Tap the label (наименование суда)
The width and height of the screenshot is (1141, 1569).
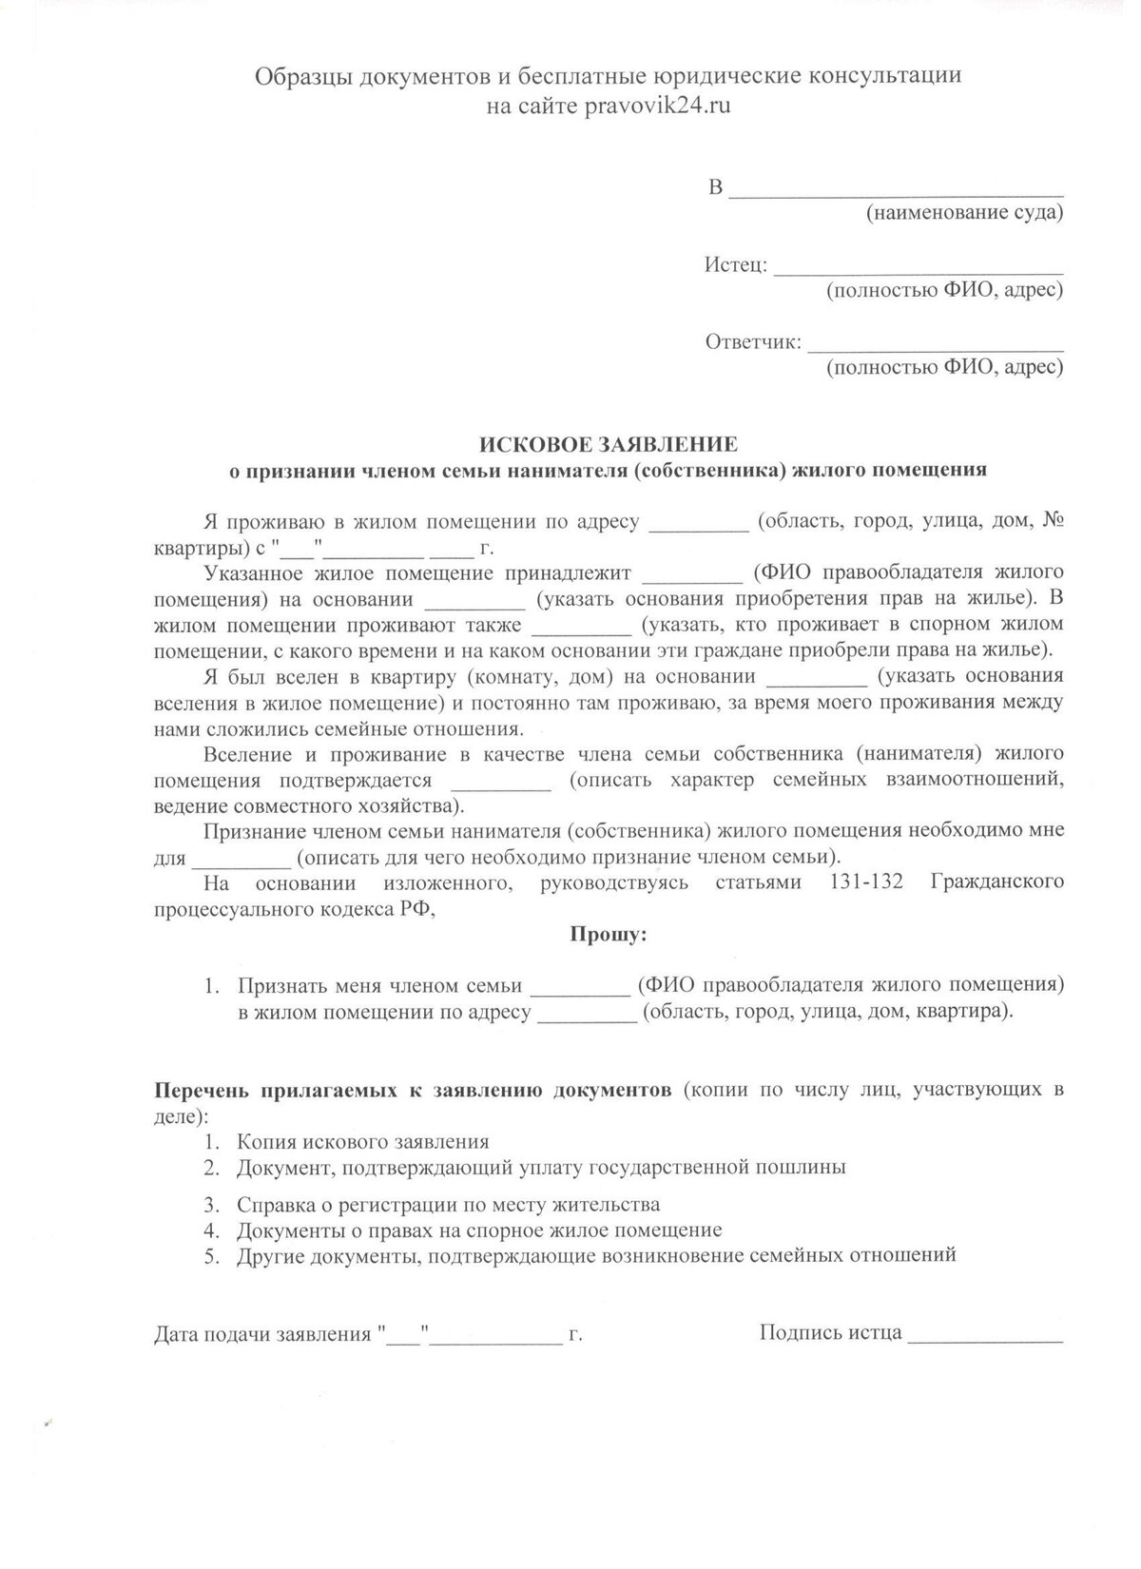click(x=963, y=213)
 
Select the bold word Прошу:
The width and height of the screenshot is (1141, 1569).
click(x=608, y=935)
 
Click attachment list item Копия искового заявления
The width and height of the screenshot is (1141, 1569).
click(x=363, y=1142)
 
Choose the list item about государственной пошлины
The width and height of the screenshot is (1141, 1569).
click(x=541, y=1167)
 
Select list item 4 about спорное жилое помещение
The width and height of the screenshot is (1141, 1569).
click(x=479, y=1230)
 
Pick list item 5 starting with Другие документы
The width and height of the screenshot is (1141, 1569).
click(x=596, y=1254)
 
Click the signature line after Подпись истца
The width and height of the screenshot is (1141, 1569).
click(x=985, y=1334)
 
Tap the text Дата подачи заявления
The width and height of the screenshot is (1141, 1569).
click(x=261, y=1334)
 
